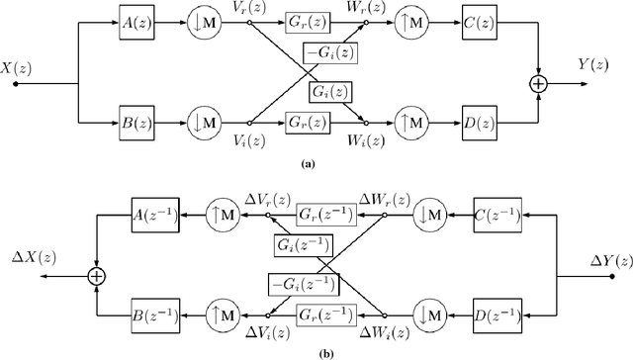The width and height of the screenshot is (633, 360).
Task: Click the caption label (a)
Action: click(x=315, y=165)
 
